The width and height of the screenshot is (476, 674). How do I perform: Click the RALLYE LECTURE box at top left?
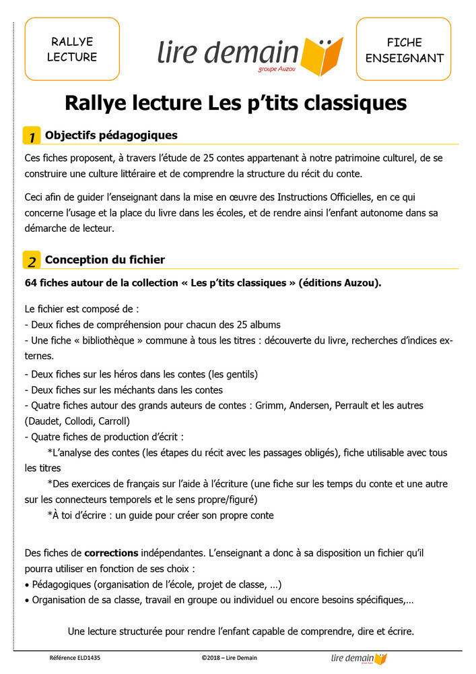[x=72, y=49]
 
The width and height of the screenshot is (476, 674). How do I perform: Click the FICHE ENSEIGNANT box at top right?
[x=404, y=49]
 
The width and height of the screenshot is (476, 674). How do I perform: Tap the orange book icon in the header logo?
[x=322, y=56]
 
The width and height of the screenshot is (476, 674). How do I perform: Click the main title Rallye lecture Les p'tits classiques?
[x=236, y=103]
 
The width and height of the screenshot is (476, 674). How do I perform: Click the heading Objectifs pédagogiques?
[x=111, y=135]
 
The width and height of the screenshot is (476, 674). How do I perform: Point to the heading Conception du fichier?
[x=104, y=260]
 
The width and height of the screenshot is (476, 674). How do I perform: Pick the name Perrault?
[x=372, y=406]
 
